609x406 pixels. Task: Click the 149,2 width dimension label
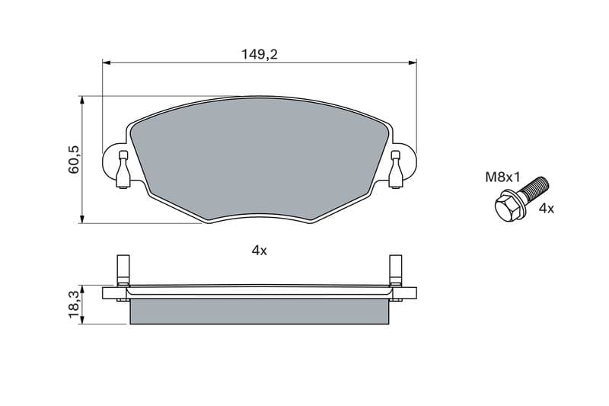[260, 54]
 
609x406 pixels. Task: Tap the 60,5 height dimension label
[73, 160]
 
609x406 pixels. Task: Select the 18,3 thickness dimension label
[73, 305]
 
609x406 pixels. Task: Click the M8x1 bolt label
[502, 177]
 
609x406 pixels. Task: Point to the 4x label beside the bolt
[546, 209]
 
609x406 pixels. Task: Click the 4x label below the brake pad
[260, 251]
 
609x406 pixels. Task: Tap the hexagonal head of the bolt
[507, 209]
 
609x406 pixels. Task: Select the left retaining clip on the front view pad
[123, 169]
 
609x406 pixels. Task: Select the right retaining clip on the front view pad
[395, 169]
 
